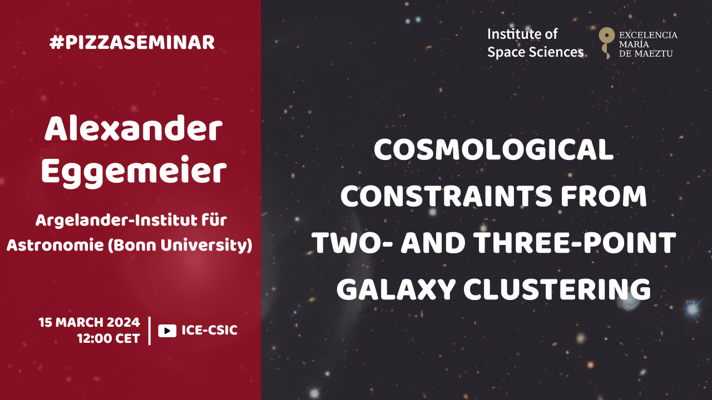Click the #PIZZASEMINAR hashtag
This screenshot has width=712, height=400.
click(132, 43)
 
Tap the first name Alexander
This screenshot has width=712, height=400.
click(133, 128)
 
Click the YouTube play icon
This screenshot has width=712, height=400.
click(167, 331)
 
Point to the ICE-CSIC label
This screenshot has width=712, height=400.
click(210, 330)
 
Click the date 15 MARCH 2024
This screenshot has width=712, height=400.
click(90, 322)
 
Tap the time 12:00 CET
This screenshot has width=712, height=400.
click(108, 339)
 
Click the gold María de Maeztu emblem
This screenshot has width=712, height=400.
click(607, 43)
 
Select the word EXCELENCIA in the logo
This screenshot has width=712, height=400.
click(648, 35)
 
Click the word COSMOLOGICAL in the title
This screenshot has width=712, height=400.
click(493, 150)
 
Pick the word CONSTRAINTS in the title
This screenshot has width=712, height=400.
click(446, 196)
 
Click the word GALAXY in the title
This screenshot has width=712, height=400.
click(396, 289)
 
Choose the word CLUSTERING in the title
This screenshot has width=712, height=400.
click(557, 289)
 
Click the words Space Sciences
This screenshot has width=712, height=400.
click(536, 52)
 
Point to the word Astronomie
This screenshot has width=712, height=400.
click(55, 245)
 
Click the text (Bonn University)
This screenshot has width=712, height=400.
click(180, 246)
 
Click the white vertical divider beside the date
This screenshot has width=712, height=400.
click(150, 331)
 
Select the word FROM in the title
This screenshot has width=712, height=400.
click(604, 196)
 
